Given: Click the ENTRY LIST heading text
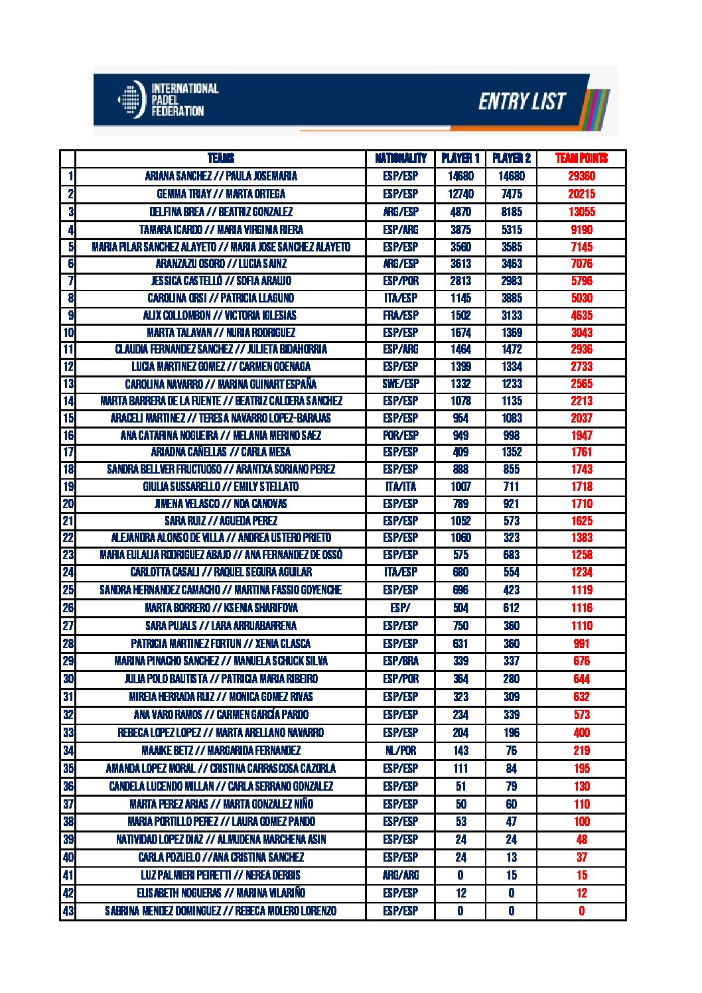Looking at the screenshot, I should click(x=522, y=101).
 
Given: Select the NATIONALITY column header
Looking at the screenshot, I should click(x=400, y=159).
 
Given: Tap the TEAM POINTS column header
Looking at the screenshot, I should click(x=581, y=159).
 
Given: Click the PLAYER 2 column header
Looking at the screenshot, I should click(x=511, y=159).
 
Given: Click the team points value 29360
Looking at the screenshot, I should click(x=581, y=176).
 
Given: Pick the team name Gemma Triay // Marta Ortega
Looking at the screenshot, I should click(x=221, y=194).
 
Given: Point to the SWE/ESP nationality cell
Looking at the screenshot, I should click(x=400, y=384).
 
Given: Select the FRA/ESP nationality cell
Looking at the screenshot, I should click(x=400, y=316).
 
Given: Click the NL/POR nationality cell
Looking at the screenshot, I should click(x=400, y=751).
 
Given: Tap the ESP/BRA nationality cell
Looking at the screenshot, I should click(x=400, y=661).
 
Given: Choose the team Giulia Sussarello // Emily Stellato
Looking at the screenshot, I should click(x=221, y=486).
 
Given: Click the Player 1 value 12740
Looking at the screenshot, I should click(x=460, y=194).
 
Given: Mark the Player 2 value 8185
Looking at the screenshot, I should click(x=511, y=212).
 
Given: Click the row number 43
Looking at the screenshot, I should click(x=68, y=911).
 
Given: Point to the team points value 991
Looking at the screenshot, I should click(x=581, y=643).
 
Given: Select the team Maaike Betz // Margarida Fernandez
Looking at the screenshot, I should click(x=221, y=751).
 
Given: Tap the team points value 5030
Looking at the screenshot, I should click(x=581, y=298).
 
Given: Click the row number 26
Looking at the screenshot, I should click(x=68, y=608).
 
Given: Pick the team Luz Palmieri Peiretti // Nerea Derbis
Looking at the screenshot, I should click(x=221, y=876).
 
